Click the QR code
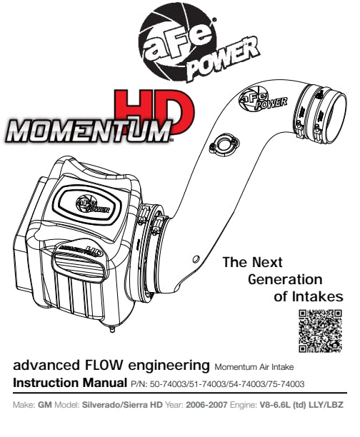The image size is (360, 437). click(320, 331)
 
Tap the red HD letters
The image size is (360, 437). click(154, 111)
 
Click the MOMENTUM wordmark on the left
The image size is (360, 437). click(88, 130)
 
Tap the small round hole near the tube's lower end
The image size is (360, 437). click(196, 259)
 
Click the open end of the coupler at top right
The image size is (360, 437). click(334, 115)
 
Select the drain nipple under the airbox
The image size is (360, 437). click(112, 329)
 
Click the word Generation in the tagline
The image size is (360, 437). click(285, 279)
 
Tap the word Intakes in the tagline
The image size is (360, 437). click(318, 296)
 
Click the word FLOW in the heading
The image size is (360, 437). click(101, 365)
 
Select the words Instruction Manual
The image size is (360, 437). click(70, 383)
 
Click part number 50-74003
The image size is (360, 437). click(168, 384)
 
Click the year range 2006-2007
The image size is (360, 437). click(206, 405)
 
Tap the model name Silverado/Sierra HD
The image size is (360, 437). click(122, 405)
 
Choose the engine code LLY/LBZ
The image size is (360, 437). click(326, 405)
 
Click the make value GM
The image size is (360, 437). click(44, 405)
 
